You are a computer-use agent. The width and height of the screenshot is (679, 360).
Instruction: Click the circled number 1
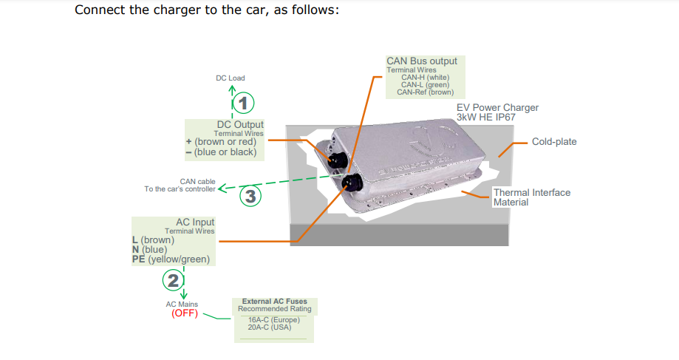[244, 102]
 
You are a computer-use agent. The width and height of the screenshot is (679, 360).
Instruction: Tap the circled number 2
[173, 279]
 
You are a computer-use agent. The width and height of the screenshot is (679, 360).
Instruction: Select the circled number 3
[250, 196]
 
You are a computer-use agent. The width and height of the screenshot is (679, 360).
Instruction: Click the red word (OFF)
[185, 313]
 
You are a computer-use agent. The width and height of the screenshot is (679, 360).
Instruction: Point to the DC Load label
[230, 78]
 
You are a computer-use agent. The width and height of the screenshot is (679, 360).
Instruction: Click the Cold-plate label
[554, 141]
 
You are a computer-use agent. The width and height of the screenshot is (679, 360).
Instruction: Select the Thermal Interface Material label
[531, 197]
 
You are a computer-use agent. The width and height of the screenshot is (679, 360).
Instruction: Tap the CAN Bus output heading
[422, 61]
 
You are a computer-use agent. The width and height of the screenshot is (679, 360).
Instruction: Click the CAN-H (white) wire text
[425, 77]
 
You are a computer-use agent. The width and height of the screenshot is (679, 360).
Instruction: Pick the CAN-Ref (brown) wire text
[425, 92]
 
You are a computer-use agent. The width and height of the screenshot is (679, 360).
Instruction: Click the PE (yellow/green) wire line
[171, 259]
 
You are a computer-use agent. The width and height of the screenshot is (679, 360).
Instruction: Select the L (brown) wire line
[153, 240]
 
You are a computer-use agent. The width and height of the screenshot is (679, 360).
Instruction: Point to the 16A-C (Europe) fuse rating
[273, 319]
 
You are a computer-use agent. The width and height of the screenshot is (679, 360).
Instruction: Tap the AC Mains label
[182, 304]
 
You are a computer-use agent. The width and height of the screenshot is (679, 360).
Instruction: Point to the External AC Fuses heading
[273, 302]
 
